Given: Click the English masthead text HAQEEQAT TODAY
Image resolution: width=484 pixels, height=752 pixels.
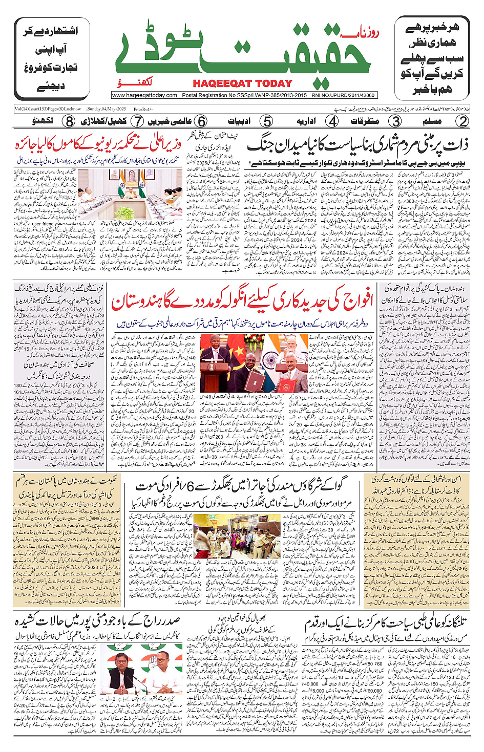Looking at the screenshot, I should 242,84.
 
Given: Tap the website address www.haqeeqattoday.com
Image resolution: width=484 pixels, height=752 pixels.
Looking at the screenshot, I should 144,95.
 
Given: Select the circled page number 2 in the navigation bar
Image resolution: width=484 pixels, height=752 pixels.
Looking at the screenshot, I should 462,121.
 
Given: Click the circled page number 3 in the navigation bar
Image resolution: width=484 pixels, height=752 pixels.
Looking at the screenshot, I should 395,121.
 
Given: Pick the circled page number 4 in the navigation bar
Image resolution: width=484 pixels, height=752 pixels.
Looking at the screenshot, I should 333,121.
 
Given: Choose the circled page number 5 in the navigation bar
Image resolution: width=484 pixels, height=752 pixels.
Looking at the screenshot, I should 266,121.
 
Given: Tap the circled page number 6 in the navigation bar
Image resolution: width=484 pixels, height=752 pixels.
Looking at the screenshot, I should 202,121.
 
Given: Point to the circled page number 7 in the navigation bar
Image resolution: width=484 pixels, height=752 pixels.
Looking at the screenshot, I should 137,121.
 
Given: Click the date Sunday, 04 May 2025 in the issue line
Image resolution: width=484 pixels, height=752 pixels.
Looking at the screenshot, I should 107,109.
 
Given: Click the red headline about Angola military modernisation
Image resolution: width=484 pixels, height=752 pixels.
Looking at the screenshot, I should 242,303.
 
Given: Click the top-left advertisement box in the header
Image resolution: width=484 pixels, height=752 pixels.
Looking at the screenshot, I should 52,58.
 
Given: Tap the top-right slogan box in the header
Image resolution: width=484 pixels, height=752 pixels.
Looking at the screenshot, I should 432,58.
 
